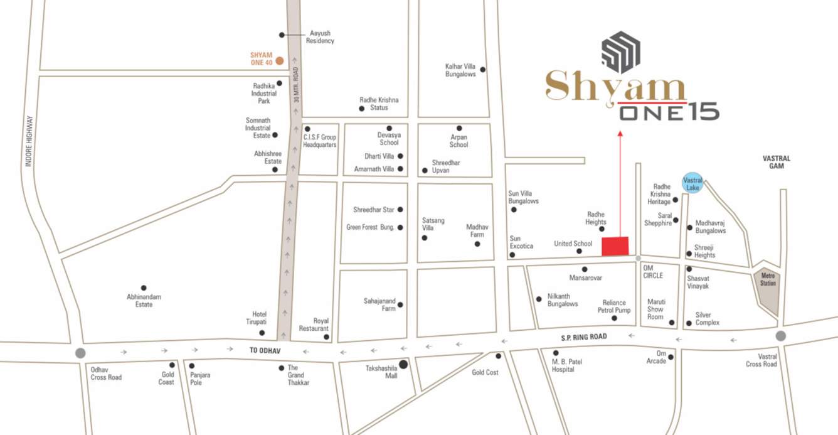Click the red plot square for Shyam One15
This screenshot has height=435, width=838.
tap(615, 246)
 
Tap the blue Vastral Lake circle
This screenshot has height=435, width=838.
tap(692, 183)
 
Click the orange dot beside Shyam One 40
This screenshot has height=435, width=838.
tap(280, 61)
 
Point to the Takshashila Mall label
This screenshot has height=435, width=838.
tap(382, 371)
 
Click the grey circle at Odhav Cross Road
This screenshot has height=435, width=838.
tap(80, 353)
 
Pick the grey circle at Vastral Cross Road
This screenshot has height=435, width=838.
tap(780, 336)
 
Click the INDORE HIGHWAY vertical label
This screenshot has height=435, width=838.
tap(28, 141)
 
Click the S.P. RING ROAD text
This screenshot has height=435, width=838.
tap(584, 337)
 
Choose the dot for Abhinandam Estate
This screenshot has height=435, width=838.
tap(144, 288)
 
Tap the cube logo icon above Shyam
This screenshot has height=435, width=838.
tap(621, 51)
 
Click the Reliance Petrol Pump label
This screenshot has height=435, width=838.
tap(616, 306)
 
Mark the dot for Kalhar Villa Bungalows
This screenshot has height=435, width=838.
tap(482, 69)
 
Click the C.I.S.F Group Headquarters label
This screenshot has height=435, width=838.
tap(320, 141)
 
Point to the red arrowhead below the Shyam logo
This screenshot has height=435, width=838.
tap(620, 133)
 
